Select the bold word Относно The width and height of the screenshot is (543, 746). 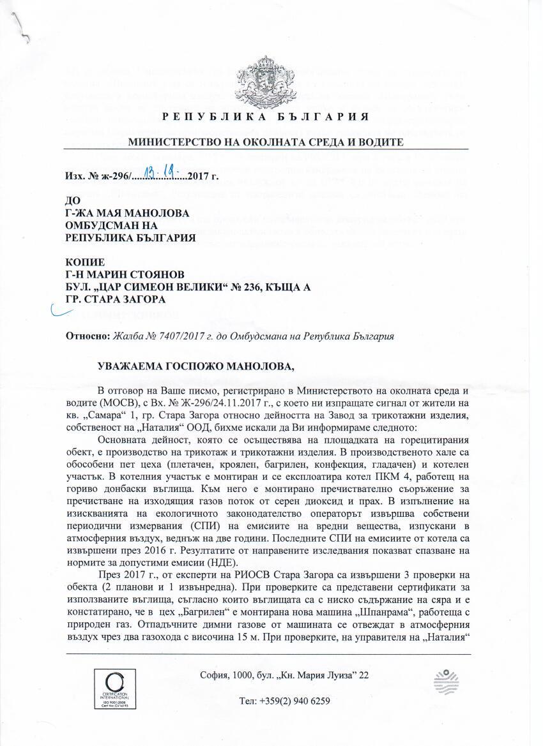coord(86,336)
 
